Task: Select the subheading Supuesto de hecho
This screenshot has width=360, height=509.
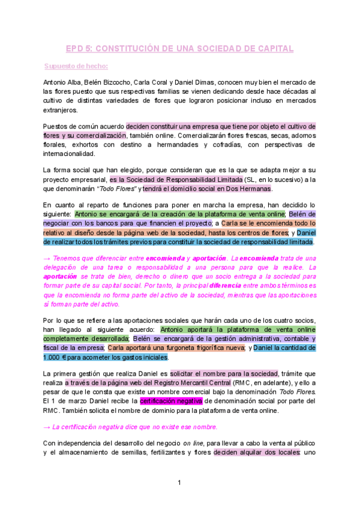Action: pos(76,66)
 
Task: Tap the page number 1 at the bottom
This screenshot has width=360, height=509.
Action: pos(179,483)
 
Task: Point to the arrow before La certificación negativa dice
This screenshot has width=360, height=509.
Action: pos(47,410)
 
